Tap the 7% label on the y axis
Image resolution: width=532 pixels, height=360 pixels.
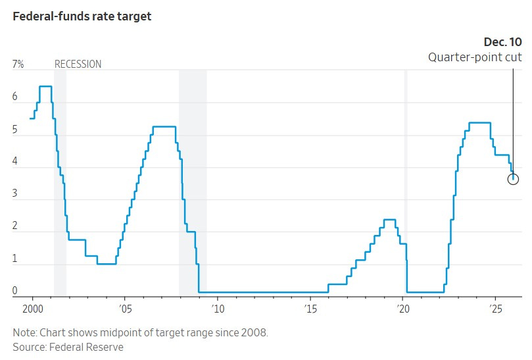[x=18, y=64]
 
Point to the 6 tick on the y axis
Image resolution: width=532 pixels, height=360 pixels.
[x=15, y=97]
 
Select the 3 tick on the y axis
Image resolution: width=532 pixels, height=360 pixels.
[x=15, y=194]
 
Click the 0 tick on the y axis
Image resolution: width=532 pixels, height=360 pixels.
[x=15, y=291]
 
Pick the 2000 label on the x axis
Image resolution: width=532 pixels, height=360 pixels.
[x=32, y=308]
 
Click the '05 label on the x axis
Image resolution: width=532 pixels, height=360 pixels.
[x=125, y=308]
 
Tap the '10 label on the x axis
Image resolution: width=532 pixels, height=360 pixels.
[x=218, y=308]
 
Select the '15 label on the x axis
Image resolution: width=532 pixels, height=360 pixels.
[x=310, y=308]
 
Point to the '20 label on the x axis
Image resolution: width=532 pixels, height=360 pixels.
[x=403, y=308]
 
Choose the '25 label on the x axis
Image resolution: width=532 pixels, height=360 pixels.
[x=496, y=308]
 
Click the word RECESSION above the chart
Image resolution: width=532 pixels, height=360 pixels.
[x=78, y=64]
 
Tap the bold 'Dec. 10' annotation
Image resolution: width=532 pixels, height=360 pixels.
[x=503, y=43]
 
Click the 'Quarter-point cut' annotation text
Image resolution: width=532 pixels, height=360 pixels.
[x=475, y=57]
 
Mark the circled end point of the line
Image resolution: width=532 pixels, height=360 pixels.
[x=514, y=179]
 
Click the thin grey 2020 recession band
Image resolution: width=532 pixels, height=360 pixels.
[x=406, y=184]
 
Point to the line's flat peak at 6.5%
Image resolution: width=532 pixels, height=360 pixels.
[x=45, y=86]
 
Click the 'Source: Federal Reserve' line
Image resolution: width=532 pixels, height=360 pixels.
[x=68, y=347]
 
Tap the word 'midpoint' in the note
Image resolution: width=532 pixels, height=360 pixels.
[x=116, y=332]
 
